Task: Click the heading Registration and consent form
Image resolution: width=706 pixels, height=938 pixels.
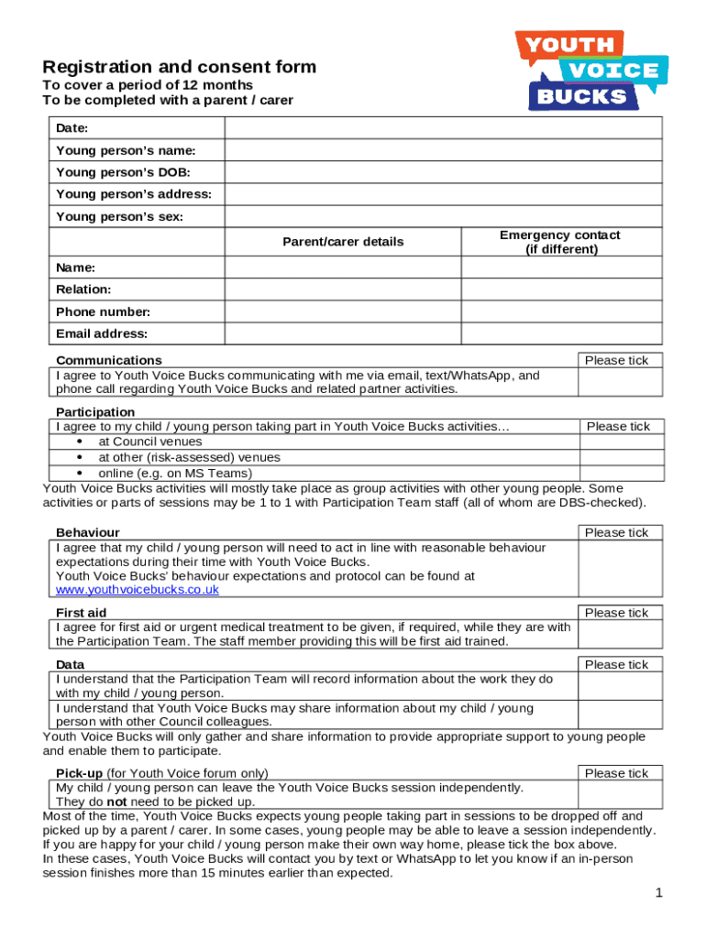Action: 180,67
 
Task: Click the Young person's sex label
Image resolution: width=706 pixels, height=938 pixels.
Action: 119,217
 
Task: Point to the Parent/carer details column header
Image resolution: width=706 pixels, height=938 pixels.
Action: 343,242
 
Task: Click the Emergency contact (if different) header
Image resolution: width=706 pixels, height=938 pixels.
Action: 560,242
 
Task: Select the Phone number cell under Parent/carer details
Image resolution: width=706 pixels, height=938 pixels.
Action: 343,311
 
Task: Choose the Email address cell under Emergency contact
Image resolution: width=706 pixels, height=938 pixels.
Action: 560,333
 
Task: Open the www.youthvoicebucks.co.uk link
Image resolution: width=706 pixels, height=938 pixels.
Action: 138,590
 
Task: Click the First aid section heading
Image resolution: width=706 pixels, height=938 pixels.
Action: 81,613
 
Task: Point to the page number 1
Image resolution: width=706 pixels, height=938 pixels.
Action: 658,893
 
